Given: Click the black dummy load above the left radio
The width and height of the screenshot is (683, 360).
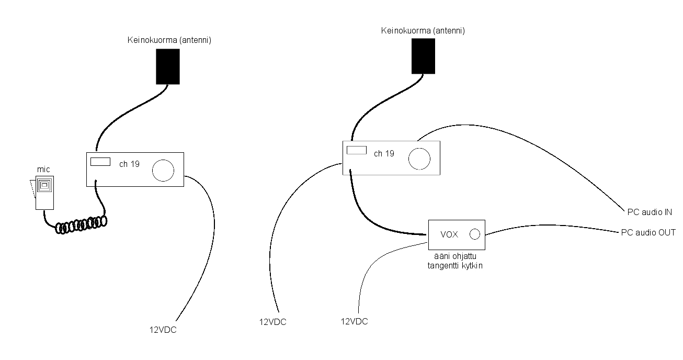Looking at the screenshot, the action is [x=168, y=66].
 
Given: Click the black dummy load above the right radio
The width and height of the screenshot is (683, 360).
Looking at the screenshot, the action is [x=423, y=56].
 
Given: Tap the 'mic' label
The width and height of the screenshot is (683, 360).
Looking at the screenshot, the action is [x=43, y=170].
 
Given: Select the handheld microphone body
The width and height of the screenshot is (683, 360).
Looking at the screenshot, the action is [x=44, y=193].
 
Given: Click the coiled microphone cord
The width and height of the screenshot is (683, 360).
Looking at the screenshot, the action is [x=81, y=225].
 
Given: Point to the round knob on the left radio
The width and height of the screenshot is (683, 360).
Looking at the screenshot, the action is [x=163, y=171].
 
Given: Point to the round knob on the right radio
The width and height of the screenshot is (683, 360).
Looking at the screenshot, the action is [x=419, y=159].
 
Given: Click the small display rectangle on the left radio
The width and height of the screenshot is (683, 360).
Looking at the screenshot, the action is [x=100, y=162].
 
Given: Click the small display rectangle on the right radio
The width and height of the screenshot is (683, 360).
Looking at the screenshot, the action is [x=357, y=150].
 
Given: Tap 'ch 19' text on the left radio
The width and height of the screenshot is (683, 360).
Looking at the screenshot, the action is [x=129, y=164].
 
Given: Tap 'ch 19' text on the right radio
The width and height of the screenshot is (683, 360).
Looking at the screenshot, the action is [x=384, y=153].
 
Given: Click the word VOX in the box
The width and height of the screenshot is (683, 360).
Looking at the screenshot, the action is [x=449, y=234].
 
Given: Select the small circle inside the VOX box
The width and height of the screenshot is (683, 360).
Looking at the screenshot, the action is [x=475, y=234].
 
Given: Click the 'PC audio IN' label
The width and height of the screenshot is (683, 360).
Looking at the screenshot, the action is [x=650, y=212].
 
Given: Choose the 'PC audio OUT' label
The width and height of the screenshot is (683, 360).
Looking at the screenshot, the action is [x=648, y=232].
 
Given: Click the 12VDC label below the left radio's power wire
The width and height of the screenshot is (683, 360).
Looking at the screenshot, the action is [x=163, y=330].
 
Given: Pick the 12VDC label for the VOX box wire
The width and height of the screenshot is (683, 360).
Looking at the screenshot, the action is [x=354, y=321].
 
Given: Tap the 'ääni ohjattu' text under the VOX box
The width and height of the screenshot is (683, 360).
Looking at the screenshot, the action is [x=455, y=256].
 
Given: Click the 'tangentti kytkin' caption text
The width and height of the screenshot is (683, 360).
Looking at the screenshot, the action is [x=455, y=266].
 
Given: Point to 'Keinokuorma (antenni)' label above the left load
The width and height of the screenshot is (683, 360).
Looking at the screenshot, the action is [x=169, y=40].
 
